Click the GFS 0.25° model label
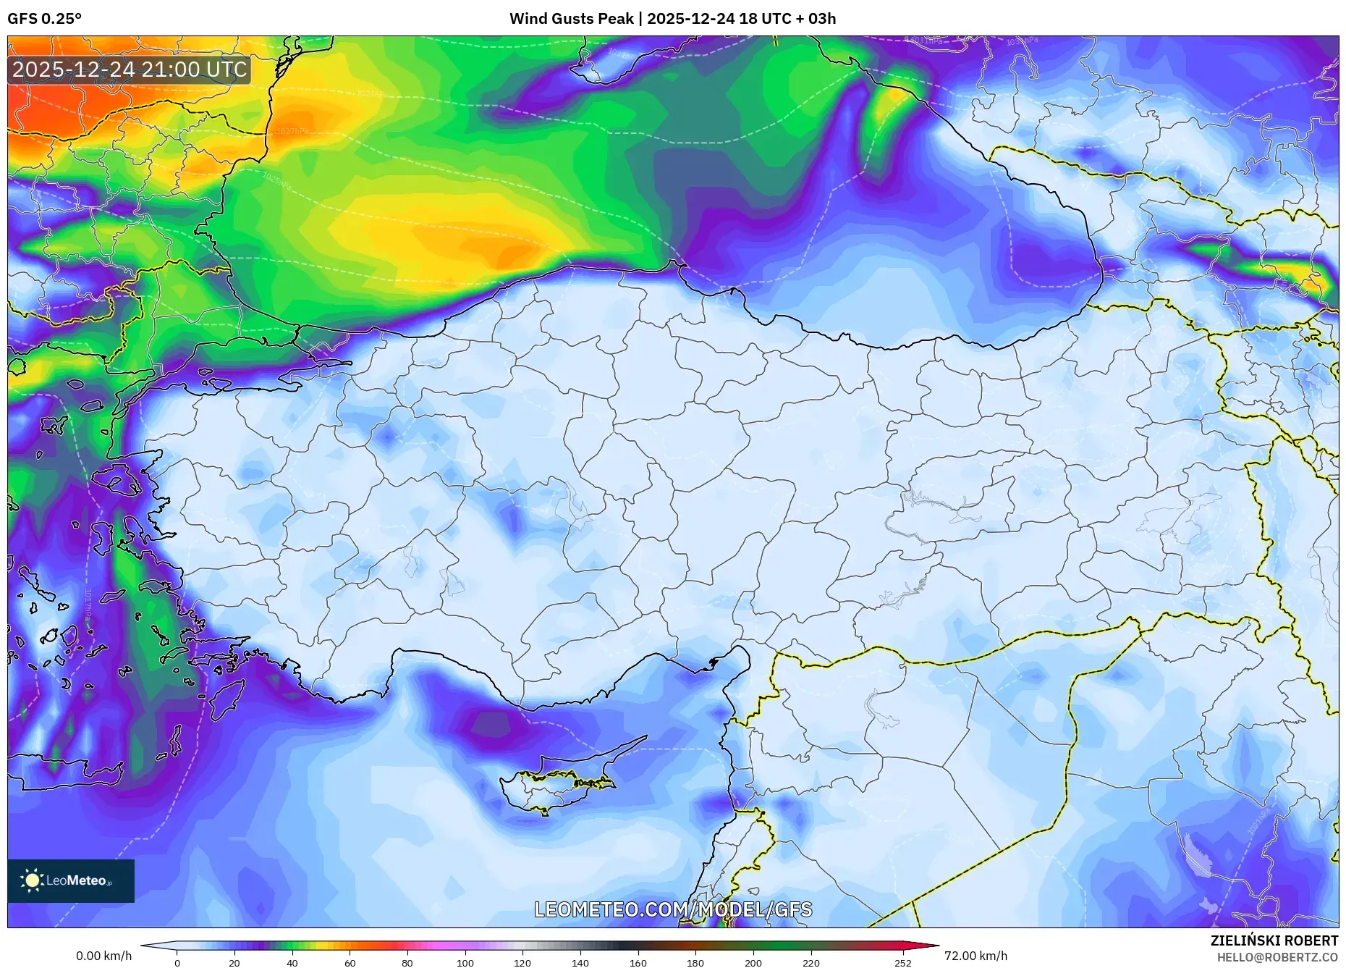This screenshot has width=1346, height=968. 44,19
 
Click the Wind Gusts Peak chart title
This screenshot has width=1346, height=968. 672,19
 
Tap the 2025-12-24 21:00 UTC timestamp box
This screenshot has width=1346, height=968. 130,70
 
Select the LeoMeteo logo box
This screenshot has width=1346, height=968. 71,880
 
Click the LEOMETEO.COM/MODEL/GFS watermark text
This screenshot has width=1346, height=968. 673,909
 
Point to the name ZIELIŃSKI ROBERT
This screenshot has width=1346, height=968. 1274,940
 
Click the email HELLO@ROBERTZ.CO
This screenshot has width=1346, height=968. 1277,957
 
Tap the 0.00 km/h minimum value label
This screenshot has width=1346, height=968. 103,956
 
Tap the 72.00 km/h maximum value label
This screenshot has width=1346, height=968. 975,956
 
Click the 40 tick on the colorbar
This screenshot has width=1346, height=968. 292,963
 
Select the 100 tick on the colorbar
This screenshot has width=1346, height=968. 465,963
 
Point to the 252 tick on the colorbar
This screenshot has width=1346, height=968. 902,963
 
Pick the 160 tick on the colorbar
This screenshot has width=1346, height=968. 638,963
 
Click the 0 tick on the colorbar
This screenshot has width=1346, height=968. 177,963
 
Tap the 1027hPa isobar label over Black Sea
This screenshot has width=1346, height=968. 292,131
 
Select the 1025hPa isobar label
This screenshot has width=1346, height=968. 276,180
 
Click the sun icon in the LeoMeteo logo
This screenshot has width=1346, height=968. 32,880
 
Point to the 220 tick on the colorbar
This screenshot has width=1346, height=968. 810,963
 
